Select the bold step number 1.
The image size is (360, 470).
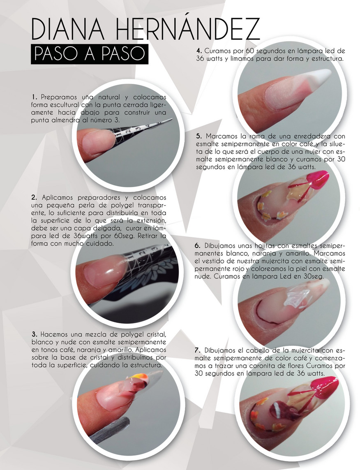34,97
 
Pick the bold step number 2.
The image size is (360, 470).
34,197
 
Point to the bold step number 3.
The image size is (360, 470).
34,333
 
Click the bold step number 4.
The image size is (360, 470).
198,51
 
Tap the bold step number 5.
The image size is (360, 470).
198,136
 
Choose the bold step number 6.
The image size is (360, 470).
197,245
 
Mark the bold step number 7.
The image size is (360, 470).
197,350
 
